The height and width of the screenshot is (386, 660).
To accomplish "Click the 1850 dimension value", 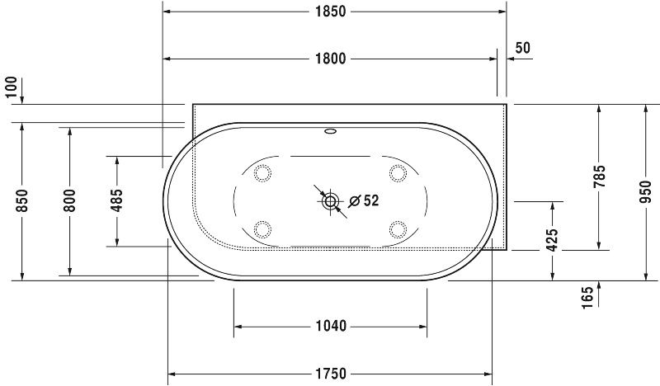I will pyautogui.click(x=330, y=12).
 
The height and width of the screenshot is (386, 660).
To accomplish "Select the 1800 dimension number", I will pyautogui.click(x=330, y=59).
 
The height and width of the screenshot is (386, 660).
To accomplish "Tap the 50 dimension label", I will pyautogui.click(x=522, y=48).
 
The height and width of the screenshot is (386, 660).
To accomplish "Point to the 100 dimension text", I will pyautogui.click(x=11, y=86).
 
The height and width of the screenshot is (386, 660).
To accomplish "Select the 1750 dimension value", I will pyautogui.click(x=330, y=374).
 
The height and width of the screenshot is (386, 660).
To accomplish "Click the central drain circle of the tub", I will pyautogui.click(x=331, y=200).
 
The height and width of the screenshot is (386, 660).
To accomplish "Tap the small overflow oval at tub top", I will pyautogui.click(x=331, y=130).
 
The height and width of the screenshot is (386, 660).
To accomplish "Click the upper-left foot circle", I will pyautogui.click(x=263, y=172).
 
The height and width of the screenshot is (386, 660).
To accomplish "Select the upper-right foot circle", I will pyautogui.click(x=398, y=172).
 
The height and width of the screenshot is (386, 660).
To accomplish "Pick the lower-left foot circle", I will pyautogui.click(x=263, y=228).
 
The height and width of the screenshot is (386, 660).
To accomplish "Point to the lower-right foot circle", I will pyautogui.click(x=398, y=228).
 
